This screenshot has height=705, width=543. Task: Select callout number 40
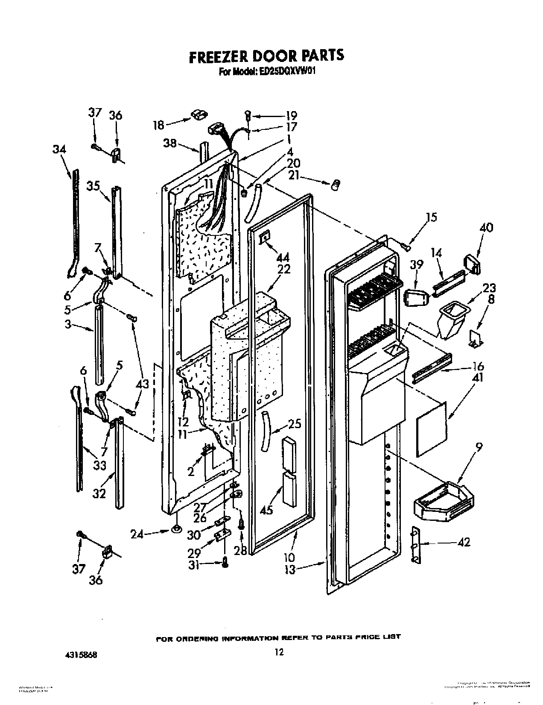tap(486, 227)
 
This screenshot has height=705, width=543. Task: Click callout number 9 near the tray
tap(480, 447)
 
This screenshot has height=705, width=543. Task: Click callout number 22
tap(283, 269)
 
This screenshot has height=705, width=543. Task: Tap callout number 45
tap(267, 510)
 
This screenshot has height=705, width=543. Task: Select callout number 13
tap(290, 570)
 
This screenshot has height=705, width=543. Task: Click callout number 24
tap(137, 534)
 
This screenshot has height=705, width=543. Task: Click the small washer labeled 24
tap(175, 530)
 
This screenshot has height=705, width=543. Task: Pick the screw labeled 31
tap(225, 564)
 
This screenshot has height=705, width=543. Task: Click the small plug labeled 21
tap(336, 184)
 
